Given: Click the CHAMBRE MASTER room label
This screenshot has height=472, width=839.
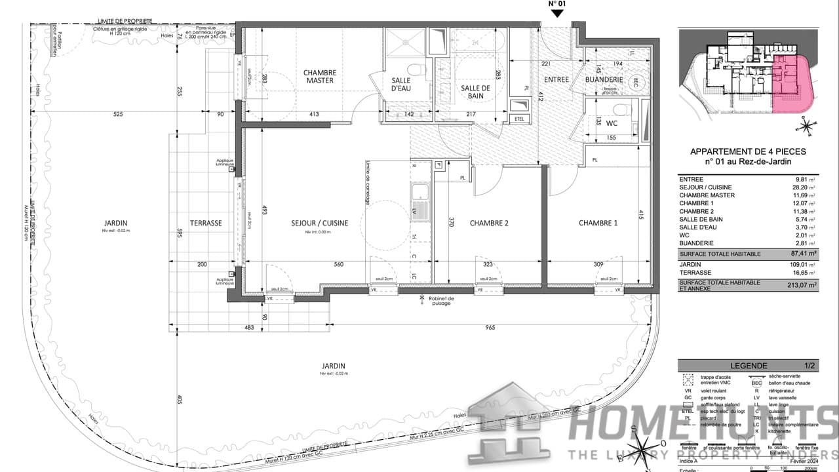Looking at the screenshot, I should click(320, 77).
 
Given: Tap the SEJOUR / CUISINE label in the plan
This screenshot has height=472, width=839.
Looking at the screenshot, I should click(320, 223).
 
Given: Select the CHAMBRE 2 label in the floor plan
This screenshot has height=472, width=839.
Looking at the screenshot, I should click(489, 223).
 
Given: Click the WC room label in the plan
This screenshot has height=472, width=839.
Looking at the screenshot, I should click(612, 123).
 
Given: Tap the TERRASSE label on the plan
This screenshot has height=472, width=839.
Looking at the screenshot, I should click(206, 223).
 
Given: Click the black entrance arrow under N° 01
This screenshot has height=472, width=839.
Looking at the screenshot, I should click(556, 13).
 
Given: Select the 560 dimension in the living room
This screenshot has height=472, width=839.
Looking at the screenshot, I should click(338, 265).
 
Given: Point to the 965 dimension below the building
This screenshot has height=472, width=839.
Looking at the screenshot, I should click(490, 327).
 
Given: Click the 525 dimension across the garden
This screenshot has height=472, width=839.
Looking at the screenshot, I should click(118, 115).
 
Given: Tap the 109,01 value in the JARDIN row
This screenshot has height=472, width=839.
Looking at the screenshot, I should click(800, 264).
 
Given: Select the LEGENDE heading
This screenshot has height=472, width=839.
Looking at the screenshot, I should click(749, 365).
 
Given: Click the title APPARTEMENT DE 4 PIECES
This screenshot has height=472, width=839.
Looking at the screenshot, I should click(748, 151).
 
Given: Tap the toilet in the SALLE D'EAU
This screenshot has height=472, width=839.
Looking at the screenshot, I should click(414, 69).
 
